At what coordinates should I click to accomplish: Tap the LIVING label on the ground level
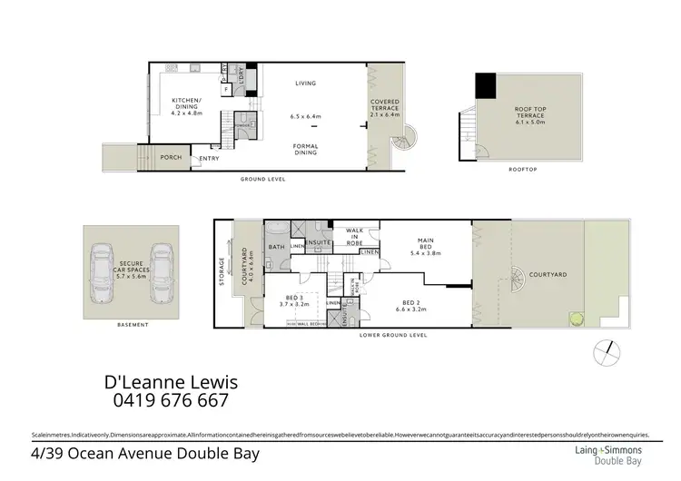(x=304, y=84)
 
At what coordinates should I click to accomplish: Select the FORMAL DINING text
(x=304, y=151)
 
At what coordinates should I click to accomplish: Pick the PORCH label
(x=171, y=158)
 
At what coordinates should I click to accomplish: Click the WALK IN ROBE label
(x=356, y=236)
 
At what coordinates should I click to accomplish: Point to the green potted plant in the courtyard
(x=574, y=319)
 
